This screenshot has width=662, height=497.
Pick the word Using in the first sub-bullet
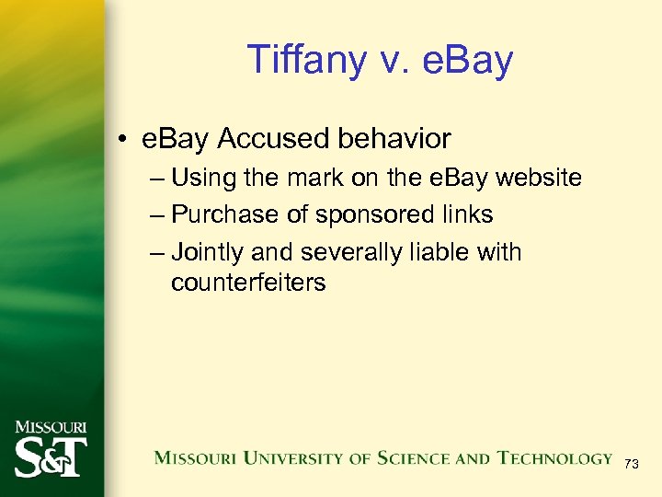tap(204, 178)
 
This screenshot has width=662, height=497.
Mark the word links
tap(466, 214)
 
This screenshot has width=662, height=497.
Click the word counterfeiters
tap(248, 283)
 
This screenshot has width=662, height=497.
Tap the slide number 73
tap(631, 465)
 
